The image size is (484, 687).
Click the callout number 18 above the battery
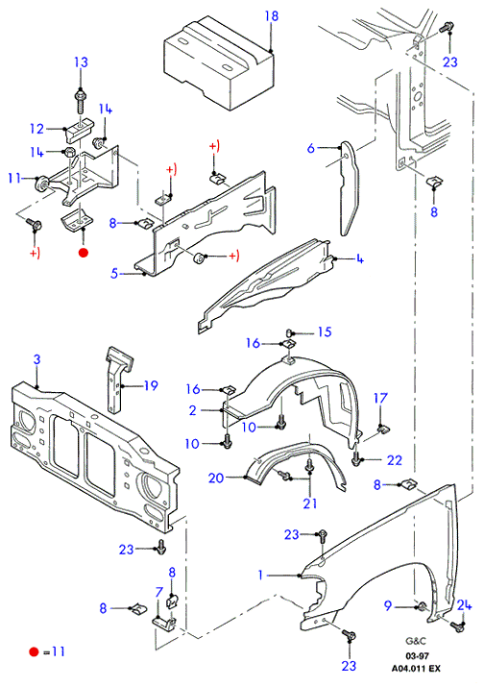coord(272,16)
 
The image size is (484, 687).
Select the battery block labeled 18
coord(219,62)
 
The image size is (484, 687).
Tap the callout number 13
coord(81,62)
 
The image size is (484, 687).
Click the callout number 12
coord(37,129)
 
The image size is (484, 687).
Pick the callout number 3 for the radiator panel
coord(36,359)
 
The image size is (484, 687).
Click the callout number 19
coord(151,385)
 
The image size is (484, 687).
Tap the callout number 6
coord(310,148)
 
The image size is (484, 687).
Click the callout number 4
coord(359,258)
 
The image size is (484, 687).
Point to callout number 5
coord(114,274)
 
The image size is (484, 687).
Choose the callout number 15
coord(325,331)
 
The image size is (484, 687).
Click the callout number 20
coord(216,478)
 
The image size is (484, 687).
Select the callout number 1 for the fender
coord(260,575)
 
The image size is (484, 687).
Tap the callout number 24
coord(464,605)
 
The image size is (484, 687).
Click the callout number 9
coord(388,605)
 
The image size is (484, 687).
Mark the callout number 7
coord(159,593)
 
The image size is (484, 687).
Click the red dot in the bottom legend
coord(34,652)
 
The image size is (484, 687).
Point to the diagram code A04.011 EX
coord(416,669)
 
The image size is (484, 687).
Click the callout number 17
coord(380,398)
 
